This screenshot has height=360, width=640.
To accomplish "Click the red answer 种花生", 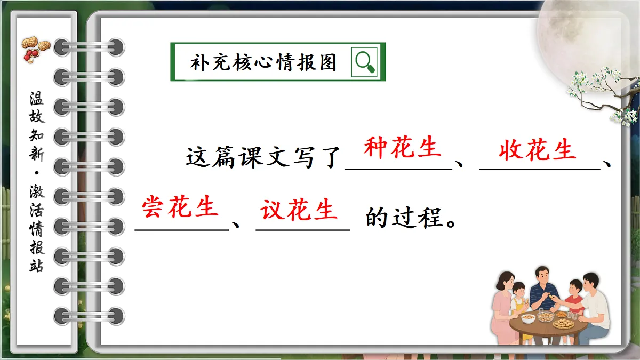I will pyautogui.click(x=403, y=148).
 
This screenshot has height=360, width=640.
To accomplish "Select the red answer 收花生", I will pyautogui.click(x=538, y=151).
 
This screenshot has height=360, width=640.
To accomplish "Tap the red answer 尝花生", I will pyautogui.click(x=180, y=207).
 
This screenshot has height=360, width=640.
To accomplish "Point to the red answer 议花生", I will pyautogui.click(x=299, y=210).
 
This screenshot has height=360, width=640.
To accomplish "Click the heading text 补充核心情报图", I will pyautogui.click(x=264, y=63).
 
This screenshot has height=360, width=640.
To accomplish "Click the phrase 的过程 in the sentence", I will pyautogui.click(x=405, y=218).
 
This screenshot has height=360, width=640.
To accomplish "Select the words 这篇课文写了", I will pyautogui.click(x=264, y=158).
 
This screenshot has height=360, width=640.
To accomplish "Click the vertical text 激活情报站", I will pyautogui.click(x=37, y=229).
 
